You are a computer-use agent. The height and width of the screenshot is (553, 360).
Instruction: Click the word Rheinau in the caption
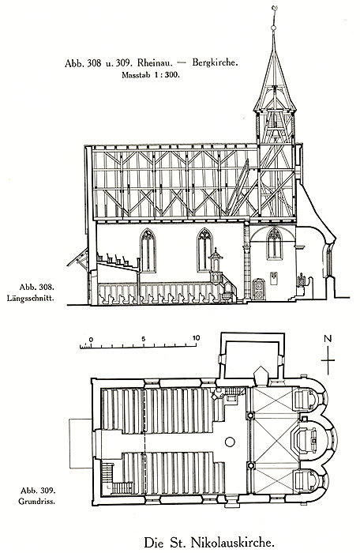[x=155, y=63]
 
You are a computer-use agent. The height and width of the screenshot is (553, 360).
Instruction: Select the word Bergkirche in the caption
[x=215, y=62]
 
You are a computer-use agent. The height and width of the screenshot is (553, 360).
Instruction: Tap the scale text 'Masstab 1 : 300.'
[x=151, y=75]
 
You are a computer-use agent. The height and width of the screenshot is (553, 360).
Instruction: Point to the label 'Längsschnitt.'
[x=31, y=299]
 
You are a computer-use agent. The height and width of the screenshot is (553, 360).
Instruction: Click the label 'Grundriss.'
[x=36, y=501]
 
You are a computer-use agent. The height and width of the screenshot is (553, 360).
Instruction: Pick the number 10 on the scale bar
[x=196, y=337]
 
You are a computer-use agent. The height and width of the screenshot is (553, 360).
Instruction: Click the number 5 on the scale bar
[x=143, y=339]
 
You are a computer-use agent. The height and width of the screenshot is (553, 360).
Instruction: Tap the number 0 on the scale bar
[x=91, y=339]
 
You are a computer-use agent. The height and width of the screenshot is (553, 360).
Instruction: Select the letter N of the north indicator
[x=328, y=339]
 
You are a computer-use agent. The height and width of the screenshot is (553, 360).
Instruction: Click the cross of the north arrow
[x=328, y=360]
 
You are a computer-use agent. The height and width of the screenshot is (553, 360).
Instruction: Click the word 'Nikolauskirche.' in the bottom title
[x=232, y=542]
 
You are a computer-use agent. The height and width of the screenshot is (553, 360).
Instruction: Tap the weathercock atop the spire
[x=274, y=9]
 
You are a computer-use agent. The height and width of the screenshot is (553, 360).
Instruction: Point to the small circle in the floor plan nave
[x=230, y=442]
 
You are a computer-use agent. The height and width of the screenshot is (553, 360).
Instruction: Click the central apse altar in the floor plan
[x=307, y=440]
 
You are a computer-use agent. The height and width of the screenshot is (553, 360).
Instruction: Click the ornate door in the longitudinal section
[x=259, y=290]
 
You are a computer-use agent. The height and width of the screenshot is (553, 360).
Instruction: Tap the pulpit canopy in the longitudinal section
[x=216, y=255]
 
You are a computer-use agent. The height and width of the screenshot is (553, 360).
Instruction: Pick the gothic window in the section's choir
[x=274, y=243]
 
